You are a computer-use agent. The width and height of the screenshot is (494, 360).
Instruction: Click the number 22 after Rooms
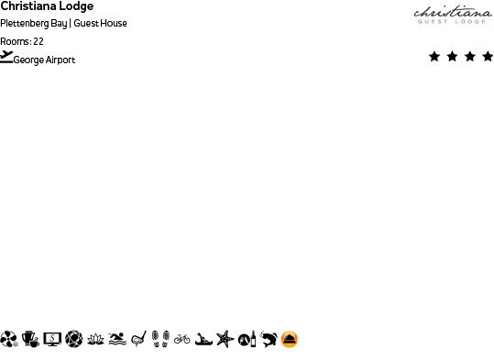(x=38, y=41)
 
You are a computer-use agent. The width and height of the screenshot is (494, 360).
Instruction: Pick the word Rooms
(x=15, y=41)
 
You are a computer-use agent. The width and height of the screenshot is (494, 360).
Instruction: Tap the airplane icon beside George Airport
(x=6, y=58)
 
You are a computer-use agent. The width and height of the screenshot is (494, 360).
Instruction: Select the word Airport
(x=60, y=60)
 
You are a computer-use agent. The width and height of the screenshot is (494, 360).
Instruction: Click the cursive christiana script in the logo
(x=452, y=13)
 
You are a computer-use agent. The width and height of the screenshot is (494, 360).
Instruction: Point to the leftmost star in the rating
(x=434, y=57)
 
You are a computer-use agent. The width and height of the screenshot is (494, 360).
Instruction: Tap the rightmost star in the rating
(x=488, y=57)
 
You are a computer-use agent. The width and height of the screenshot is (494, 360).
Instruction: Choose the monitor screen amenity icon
(x=52, y=339)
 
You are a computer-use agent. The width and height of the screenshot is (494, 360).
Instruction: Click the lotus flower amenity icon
(x=95, y=339)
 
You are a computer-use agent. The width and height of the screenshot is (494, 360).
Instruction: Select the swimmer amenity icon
(x=116, y=339)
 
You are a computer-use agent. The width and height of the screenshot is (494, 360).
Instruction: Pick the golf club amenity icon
(x=138, y=339)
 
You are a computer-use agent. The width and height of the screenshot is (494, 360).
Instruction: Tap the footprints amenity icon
(x=160, y=339)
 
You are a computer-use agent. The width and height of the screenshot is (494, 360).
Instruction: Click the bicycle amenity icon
(x=181, y=339)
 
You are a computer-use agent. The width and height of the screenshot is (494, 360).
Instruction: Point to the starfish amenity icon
(x=225, y=339)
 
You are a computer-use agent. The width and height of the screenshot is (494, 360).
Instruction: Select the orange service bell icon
(x=290, y=339)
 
